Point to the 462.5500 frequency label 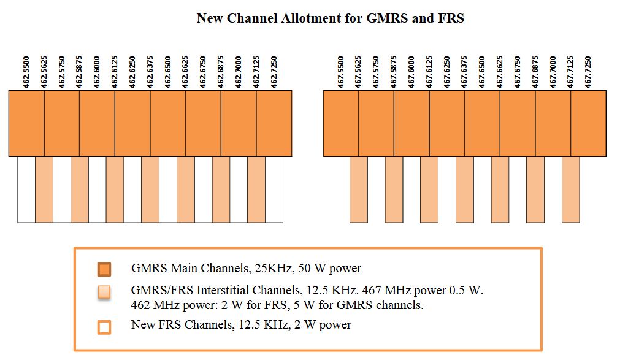[x=27, y=72]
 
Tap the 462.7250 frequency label [x=275, y=72]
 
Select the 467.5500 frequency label [x=342, y=72]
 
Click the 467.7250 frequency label [x=589, y=72]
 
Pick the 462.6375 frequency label [x=151, y=72]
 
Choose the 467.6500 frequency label [x=483, y=72]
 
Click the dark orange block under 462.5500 [x=26, y=123]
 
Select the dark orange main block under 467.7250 [x=589, y=123]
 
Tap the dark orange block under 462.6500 [x=168, y=123]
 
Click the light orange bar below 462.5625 [x=44, y=190]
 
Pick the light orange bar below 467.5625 [x=359, y=190]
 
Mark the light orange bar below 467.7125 [x=571, y=190]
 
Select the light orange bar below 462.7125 [x=256, y=190]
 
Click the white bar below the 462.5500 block [x=26, y=190]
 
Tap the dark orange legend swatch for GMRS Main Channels [x=104, y=269]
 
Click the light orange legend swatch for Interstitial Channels [x=104, y=291]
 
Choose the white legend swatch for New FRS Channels [x=104, y=327]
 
